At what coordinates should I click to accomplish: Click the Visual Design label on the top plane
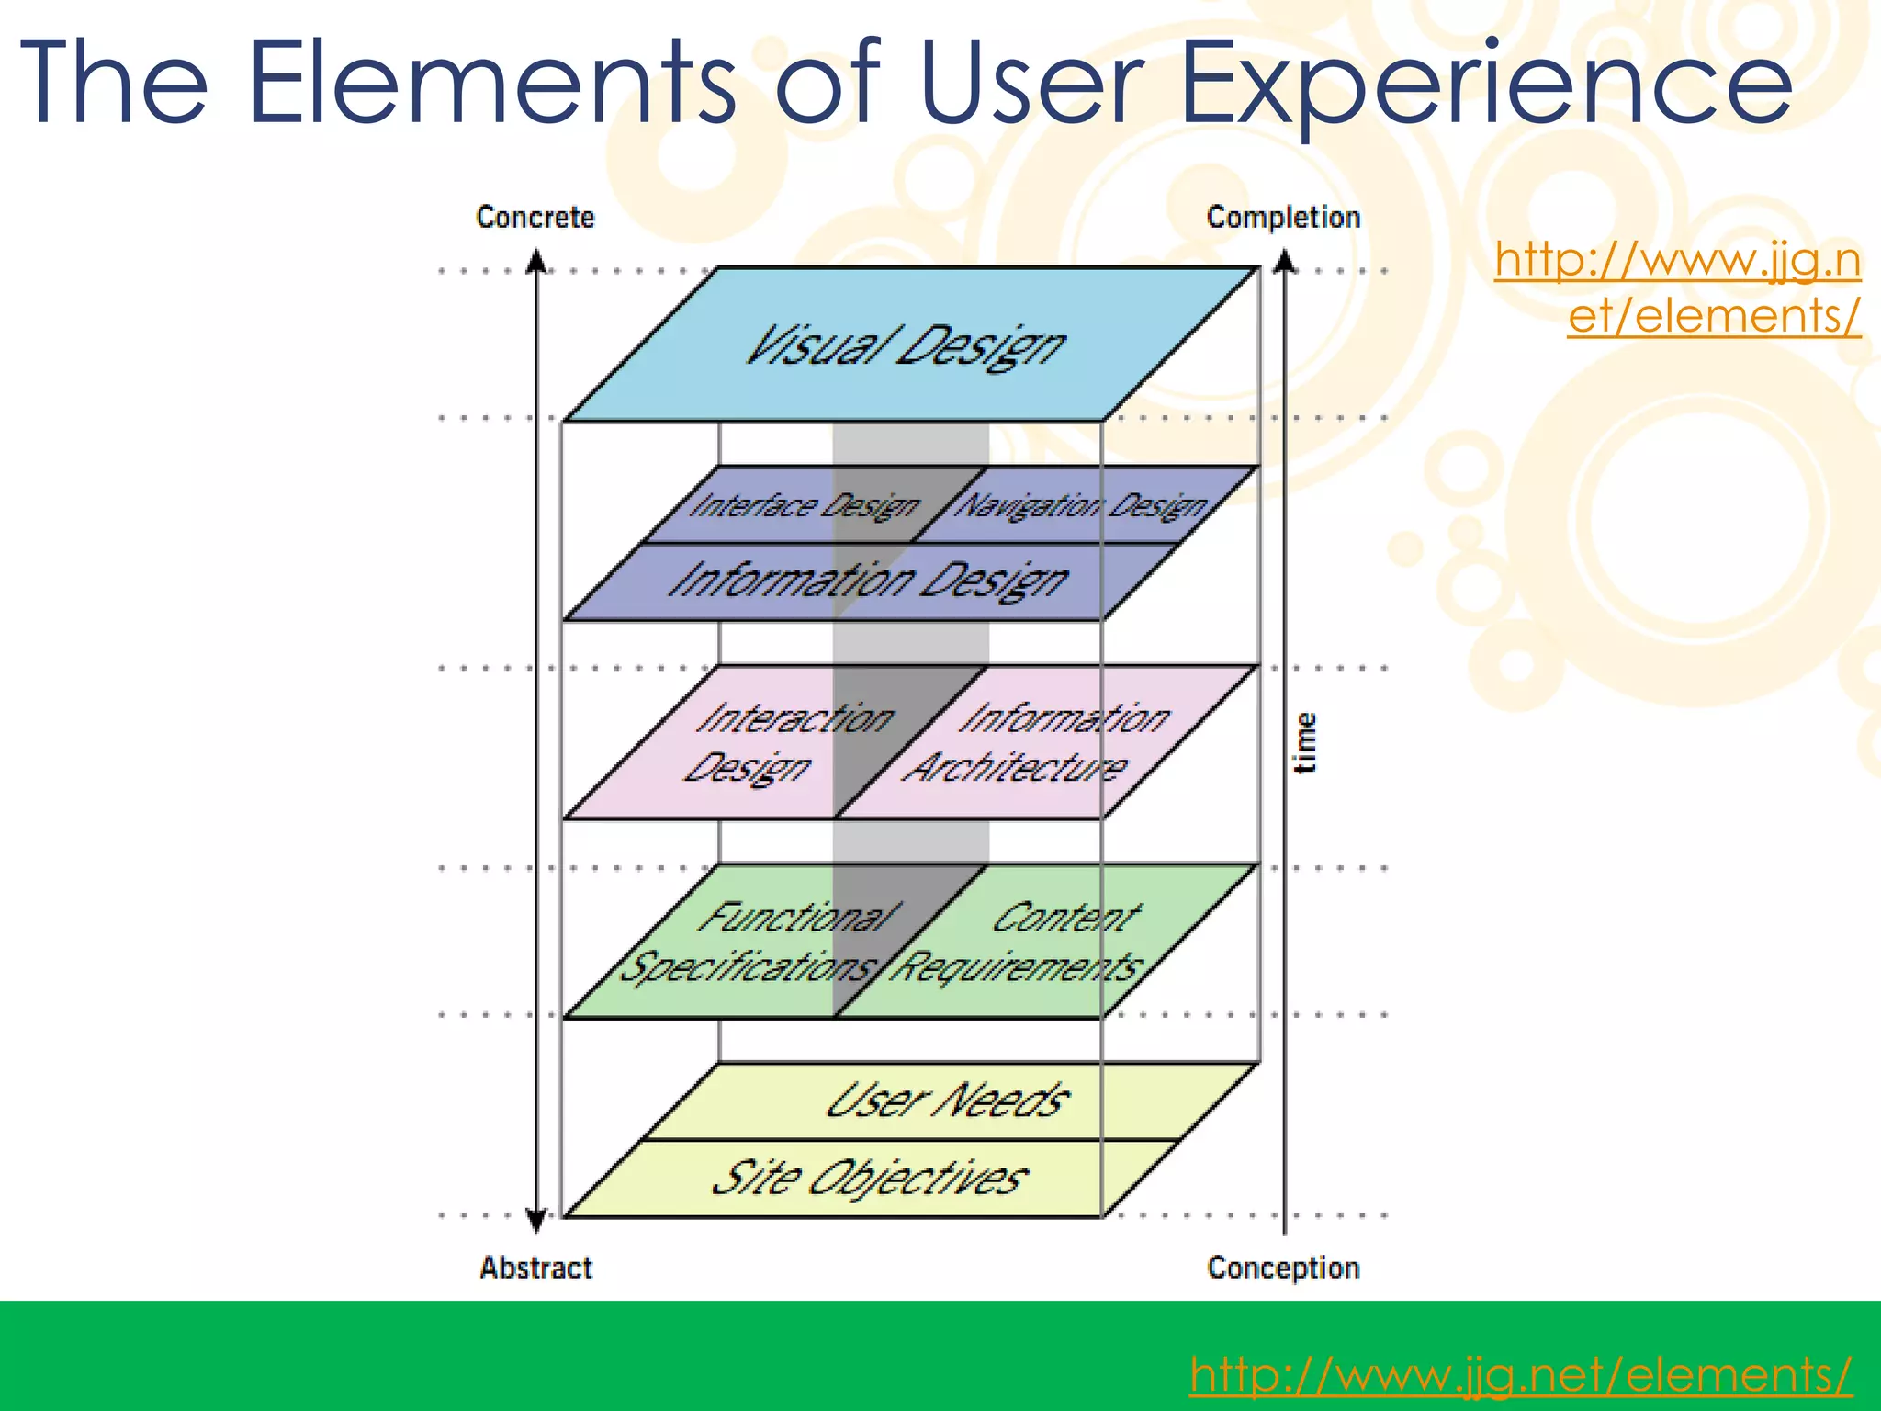point(905,347)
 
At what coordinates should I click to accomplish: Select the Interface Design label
point(804,506)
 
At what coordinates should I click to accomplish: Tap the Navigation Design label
point(1081,506)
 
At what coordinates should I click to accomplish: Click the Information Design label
point(868,581)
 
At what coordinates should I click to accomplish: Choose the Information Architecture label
point(1038,742)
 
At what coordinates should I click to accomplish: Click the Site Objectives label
point(868,1179)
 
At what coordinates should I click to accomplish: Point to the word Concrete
point(535,218)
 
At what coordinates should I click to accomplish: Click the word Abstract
point(535,1268)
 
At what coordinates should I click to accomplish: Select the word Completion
point(1283,218)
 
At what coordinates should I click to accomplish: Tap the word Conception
point(1283,1268)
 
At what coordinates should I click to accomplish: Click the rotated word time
point(1305,742)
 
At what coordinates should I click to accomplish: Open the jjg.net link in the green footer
point(1520,1375)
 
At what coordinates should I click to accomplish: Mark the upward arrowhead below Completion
point(1285,262)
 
